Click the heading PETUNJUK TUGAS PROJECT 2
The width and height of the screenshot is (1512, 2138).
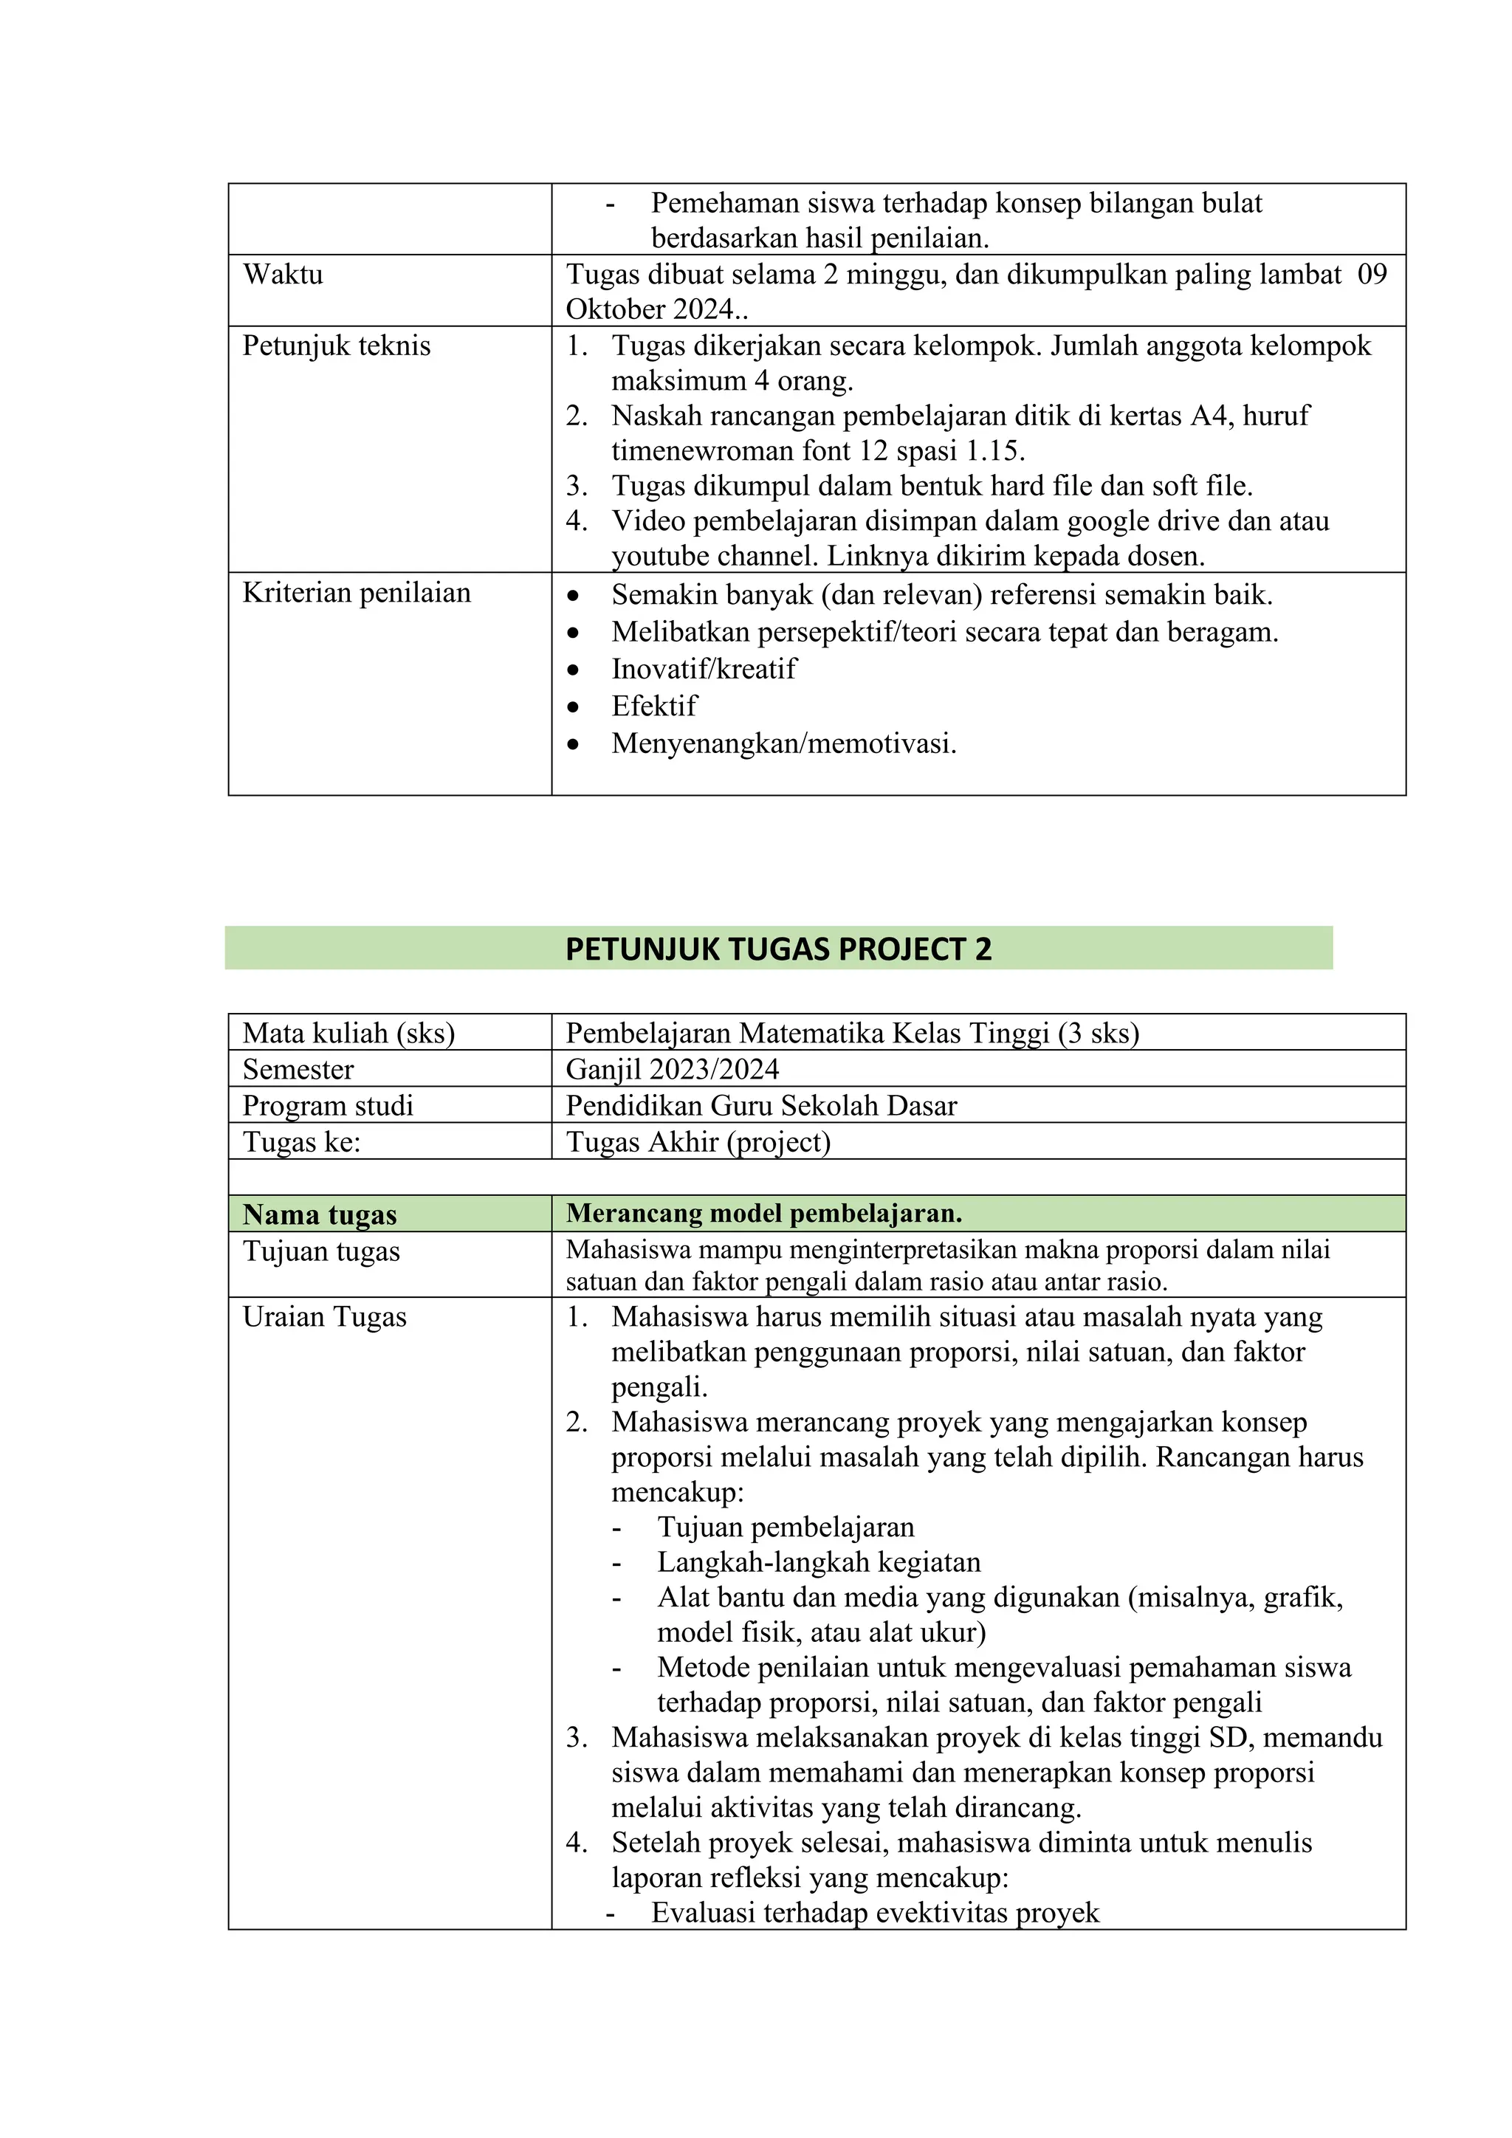778,949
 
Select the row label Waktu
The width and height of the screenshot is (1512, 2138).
283,275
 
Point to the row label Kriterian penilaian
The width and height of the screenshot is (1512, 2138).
357,593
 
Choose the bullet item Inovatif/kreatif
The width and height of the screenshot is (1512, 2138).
704,669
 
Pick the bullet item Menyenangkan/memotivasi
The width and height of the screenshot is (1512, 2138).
784,743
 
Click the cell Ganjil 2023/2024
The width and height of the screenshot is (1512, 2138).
673,1069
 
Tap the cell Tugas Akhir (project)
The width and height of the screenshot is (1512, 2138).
698,1141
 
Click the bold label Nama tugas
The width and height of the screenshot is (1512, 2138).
320,1214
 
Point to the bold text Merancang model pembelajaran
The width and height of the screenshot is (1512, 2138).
763,1214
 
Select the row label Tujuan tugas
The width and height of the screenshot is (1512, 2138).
321,1251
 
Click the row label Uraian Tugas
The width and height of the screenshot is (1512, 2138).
324,1317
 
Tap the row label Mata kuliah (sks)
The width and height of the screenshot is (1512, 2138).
348,1033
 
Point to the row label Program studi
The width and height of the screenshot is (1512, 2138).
328,1105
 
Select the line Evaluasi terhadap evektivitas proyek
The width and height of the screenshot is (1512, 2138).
875,1913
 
